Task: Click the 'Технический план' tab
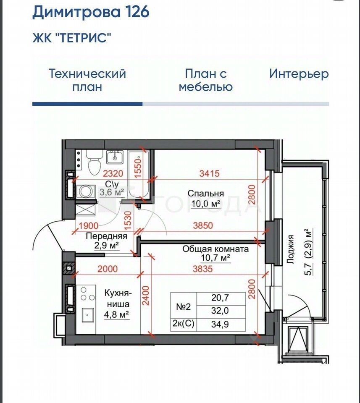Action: (x=87, y=80)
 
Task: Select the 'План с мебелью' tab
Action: (x=206, y=80)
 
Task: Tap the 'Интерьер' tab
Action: (x=299, y=74)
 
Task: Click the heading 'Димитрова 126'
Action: (x=91, y=12)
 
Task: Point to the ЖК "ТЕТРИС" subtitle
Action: (x=72, y=38)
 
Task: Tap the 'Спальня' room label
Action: (x=205, y=194)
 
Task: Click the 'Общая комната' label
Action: (x=215, y=249)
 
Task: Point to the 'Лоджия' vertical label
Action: (x=290, y=249)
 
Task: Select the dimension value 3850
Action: (x=202, y=225)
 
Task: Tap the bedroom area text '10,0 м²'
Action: (x=206, y=204)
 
